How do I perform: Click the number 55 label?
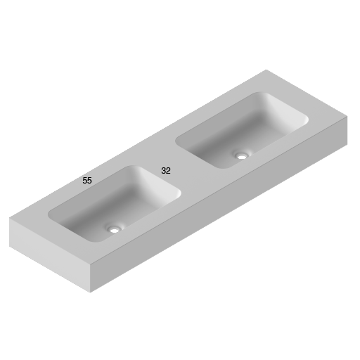click(87, 181)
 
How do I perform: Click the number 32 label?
click(166, 171)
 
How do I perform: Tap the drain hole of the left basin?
click(114, 229)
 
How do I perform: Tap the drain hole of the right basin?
click(242, 155)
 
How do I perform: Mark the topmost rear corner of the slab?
click(266, 70)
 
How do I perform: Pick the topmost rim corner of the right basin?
click(263, 93)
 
